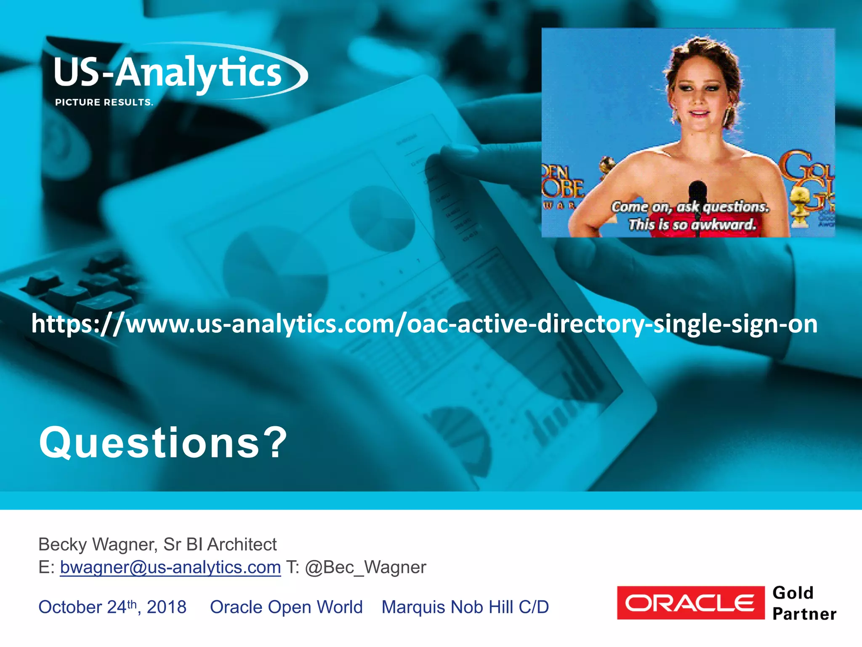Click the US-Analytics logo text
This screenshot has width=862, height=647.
point(168,73)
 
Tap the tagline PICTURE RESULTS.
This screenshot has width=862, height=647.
point(104,102)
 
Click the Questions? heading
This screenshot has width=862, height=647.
point(163,443)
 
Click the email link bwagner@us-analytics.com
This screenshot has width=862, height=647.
point(170,567)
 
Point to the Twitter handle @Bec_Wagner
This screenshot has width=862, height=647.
point(365,567)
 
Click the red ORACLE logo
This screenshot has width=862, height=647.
point(690,603)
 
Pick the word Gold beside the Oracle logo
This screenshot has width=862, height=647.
point(793,593)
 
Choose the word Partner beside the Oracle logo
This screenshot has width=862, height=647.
point(804,614)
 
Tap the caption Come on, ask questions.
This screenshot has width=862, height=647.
point(690,207)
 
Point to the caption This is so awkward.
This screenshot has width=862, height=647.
point(692,225)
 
